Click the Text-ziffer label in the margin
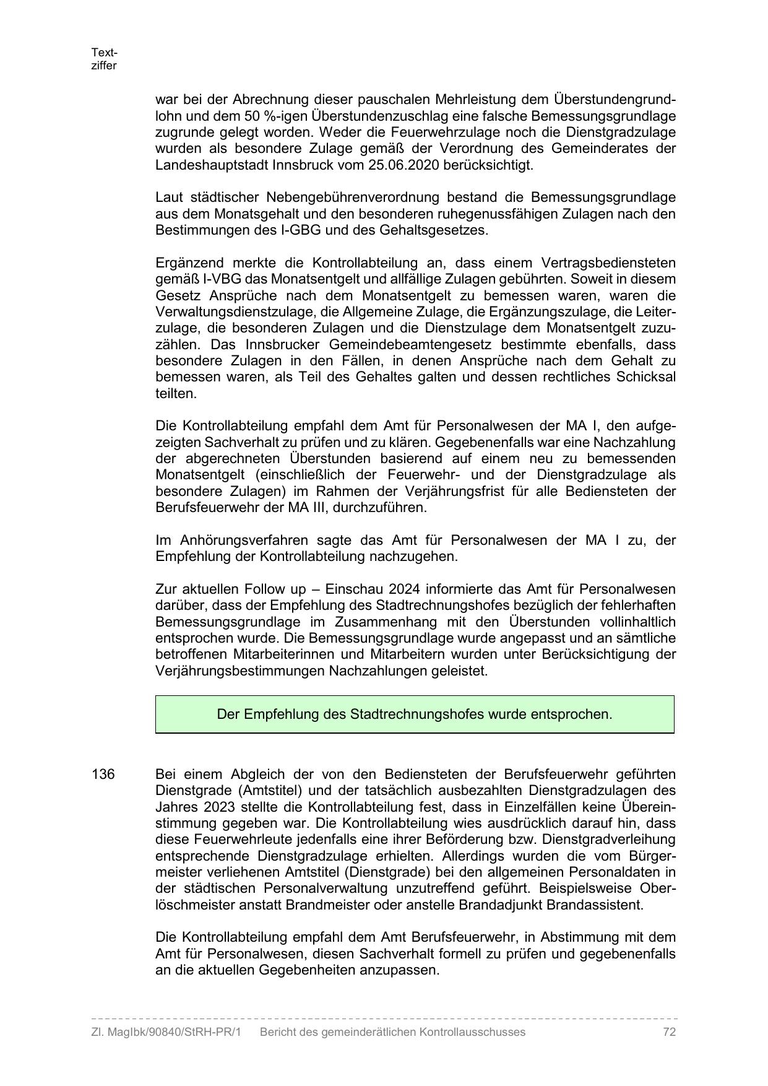point(104,59)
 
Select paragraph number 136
point(103,775)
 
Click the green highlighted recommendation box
point(415,715)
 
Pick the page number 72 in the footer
point(669,1032)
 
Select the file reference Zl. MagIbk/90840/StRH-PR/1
point(166,1032)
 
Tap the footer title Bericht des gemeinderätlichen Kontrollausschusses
point(392,1032)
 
